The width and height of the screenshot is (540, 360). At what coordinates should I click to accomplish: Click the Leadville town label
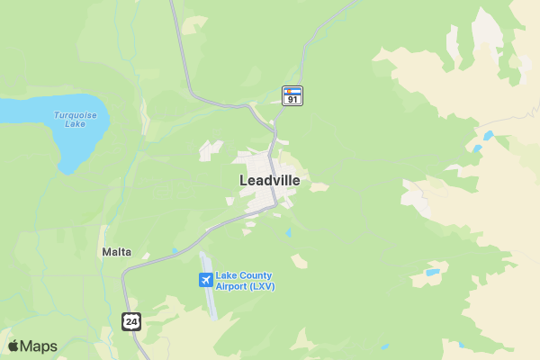click(269, 180)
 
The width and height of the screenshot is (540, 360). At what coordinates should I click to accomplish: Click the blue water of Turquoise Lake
click(36, 112)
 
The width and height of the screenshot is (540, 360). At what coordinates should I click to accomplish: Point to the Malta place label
click(116, 252)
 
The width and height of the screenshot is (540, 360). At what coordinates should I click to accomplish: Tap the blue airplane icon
click(206, 281)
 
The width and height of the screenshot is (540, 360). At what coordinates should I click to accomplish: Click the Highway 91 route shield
click(292, 95)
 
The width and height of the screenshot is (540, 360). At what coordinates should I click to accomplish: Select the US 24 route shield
click(131, 320)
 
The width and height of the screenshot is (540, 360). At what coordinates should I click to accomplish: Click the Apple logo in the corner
click(13, 346)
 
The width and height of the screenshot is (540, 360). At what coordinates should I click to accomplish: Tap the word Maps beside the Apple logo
click(39, 346)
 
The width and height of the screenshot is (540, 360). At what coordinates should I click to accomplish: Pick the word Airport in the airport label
click(232, 286)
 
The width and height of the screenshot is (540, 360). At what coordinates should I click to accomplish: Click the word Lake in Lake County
click(226, 275)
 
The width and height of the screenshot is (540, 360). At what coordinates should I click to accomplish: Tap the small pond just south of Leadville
click(289, 233)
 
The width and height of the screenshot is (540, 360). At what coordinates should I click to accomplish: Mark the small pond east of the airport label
click(433, 272)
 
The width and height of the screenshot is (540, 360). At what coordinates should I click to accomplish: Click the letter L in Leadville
click(244, 180)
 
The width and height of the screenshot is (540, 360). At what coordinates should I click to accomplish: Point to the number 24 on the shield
click(131, 321)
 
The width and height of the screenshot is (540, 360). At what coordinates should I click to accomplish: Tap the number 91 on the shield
click(292, 99)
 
